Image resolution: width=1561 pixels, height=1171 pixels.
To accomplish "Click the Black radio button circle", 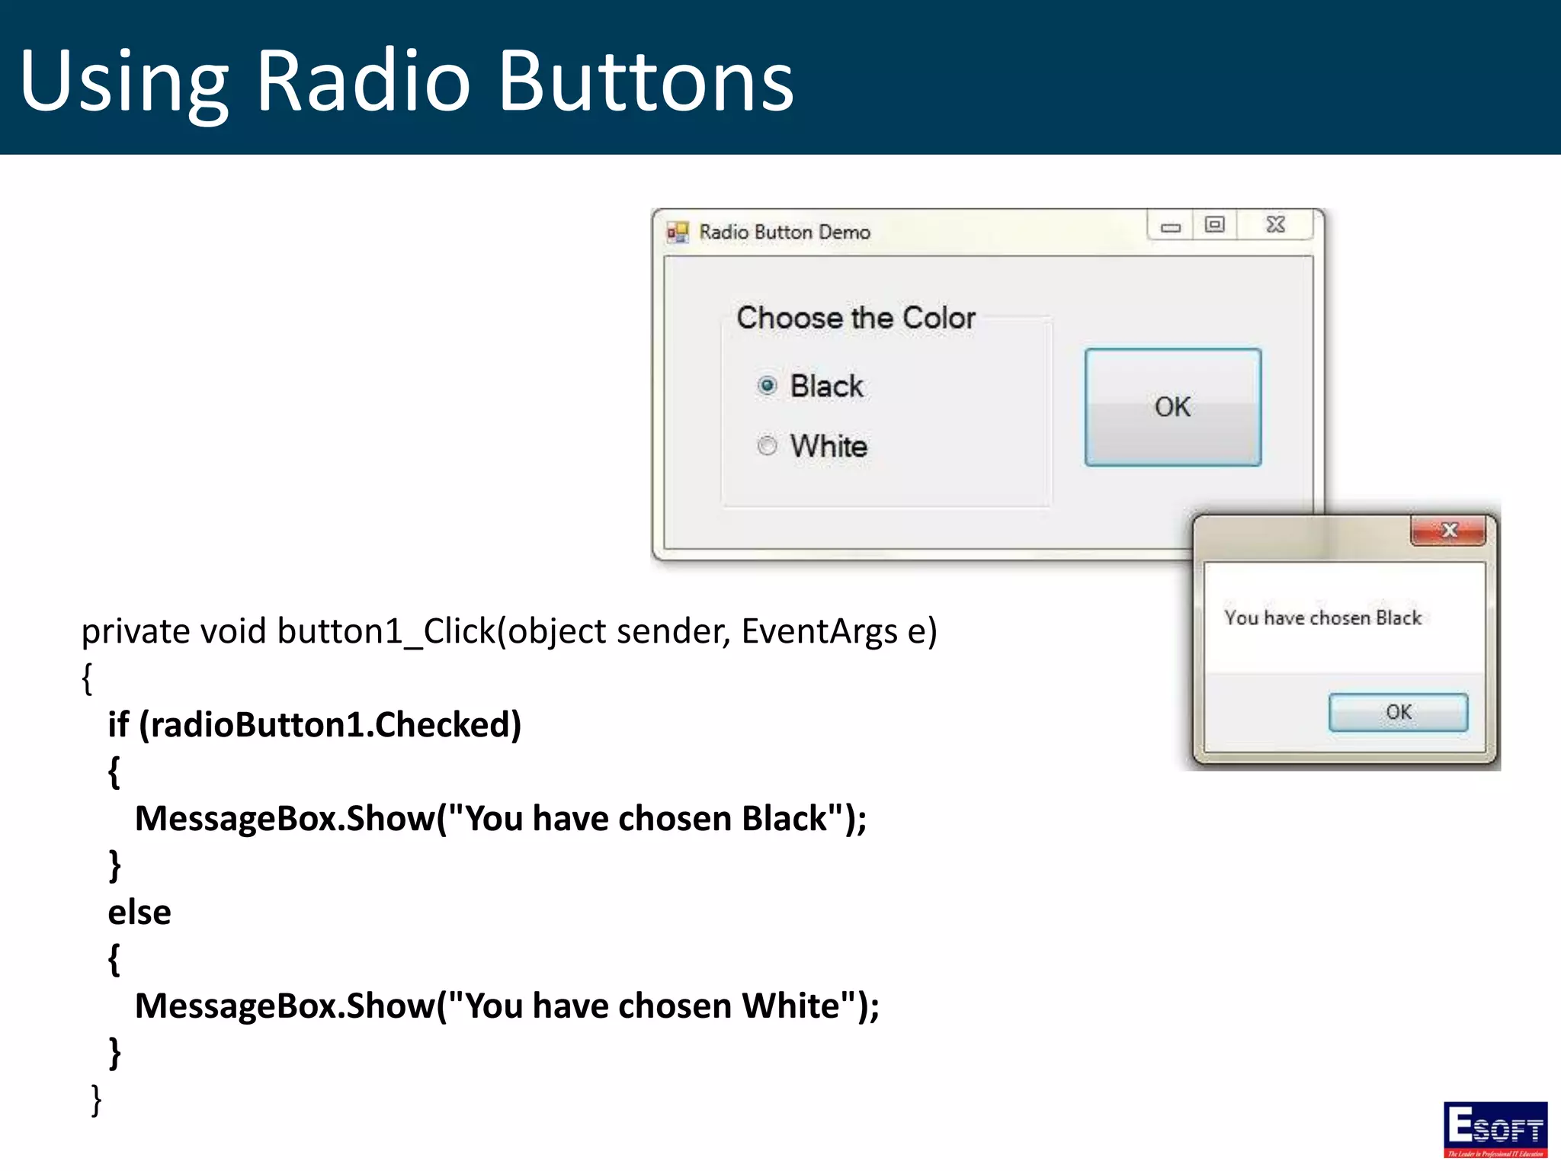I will click(x=767, y=386).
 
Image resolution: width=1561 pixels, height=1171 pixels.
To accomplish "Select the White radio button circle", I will click(x=767, y=445).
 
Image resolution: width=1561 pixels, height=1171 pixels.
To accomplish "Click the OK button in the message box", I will click(x=1398, y=712).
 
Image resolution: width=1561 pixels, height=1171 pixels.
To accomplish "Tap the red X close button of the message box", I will click(x=1448, y=531).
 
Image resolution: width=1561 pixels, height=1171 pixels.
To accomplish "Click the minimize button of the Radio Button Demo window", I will click(x=1171, y=226).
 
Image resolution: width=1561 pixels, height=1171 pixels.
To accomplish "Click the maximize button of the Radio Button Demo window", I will click(x=1214, y=225).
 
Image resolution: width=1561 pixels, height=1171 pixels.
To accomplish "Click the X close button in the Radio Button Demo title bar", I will click(x=1275, y=225).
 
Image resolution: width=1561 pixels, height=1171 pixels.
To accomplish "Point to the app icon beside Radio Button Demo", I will click(x=677, y=232).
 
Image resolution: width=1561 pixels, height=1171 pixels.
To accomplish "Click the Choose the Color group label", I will click(x=855, y=318).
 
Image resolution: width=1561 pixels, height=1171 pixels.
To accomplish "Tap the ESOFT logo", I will click(x=1495, y=1129).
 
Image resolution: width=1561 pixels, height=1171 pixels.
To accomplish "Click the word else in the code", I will click(x=139, y=913).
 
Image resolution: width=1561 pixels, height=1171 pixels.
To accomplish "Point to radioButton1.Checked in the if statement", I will click(x=330, y=725).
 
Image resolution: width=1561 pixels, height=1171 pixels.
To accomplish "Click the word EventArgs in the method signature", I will click(x=819, y=632).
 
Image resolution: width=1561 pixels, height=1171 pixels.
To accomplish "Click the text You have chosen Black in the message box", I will click(x=1322, y=618).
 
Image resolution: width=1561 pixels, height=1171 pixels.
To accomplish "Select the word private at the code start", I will click(x=136, y=632).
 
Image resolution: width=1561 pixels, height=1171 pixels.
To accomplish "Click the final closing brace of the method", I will click(x=96, y=1100).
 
